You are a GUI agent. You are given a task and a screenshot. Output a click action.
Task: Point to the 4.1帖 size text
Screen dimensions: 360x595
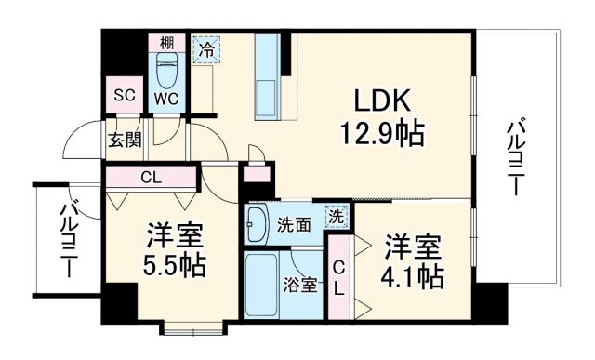click(x=412, y=276)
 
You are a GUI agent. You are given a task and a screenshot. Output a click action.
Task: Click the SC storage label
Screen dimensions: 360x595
click(x=124, y=96)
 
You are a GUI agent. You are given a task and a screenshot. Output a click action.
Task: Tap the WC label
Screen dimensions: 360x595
click(x=167, y=98)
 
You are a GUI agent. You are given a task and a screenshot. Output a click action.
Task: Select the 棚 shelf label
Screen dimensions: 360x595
click(x=165, y=42)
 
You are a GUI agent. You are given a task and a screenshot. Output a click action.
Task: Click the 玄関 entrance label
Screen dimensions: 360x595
click(x=123, y=141)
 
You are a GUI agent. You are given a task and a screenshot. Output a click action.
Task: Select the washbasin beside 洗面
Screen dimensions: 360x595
click(x=258, y=223)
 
